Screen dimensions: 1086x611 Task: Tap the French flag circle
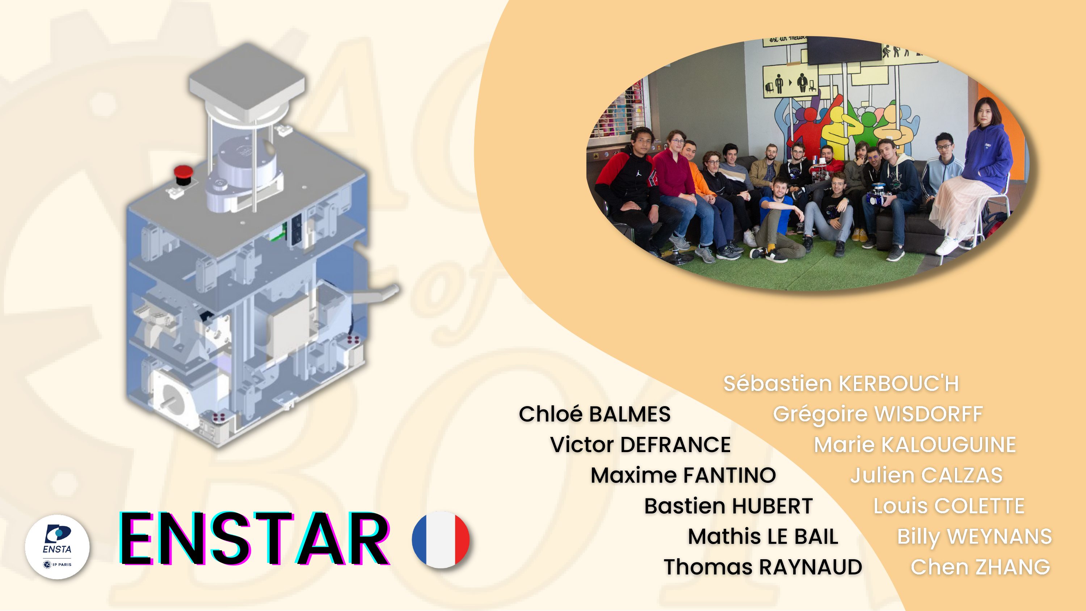point(441,539)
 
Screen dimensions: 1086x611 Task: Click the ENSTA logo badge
point(57,547)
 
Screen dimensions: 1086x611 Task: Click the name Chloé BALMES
point(594,414)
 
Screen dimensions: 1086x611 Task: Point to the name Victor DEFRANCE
point(640,445)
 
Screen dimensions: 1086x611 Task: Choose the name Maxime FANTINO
point(683,475)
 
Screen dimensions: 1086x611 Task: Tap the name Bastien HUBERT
point(728,506)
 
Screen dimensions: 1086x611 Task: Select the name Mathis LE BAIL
point(763,536)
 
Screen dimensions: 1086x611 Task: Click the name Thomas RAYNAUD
point(763,567)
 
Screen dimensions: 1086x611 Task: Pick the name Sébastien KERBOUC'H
point(841,384)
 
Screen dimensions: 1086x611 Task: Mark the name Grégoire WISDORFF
point(878,414)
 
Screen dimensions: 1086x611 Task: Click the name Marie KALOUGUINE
point(915,445)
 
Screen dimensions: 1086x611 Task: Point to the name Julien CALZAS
point(926,475)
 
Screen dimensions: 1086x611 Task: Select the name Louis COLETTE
point(948,506)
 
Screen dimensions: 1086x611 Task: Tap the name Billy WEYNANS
point(974,537)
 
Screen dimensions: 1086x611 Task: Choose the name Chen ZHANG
point(980,567)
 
